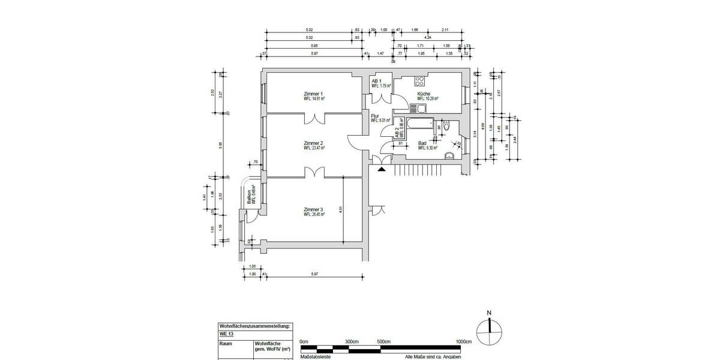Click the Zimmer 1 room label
pyautogui.click(x=313, y=94)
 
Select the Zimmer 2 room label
pyautogui.click(x=313, y=143)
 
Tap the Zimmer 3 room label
pyautogui.click(x=313, y=209)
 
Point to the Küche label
pyautogui.click(x=424, y=94)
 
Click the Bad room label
pyautogui.click(x=422, y=143)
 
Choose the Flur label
pyautogui.click(x=376, y=116)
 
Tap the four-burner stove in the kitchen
pyautogui.click(x=419, y=80)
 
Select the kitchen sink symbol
pyautogui.click(x=413, y=109)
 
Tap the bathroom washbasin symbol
pyautogui.click(x=449, y=155)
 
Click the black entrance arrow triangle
pyautogui.click(x=381, y=169)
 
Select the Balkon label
pyautogui.click(x=248, y=199)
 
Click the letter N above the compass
pyautogui.click(x=490, y=313)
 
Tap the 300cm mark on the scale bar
pyautogui.click(x=352, y=341)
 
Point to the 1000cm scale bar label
pyautogui.click(x=464, y=341)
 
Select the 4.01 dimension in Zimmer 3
pyautogui.click(x=340, y=210)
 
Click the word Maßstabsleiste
pyautogui.click(x=314, y=356)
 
